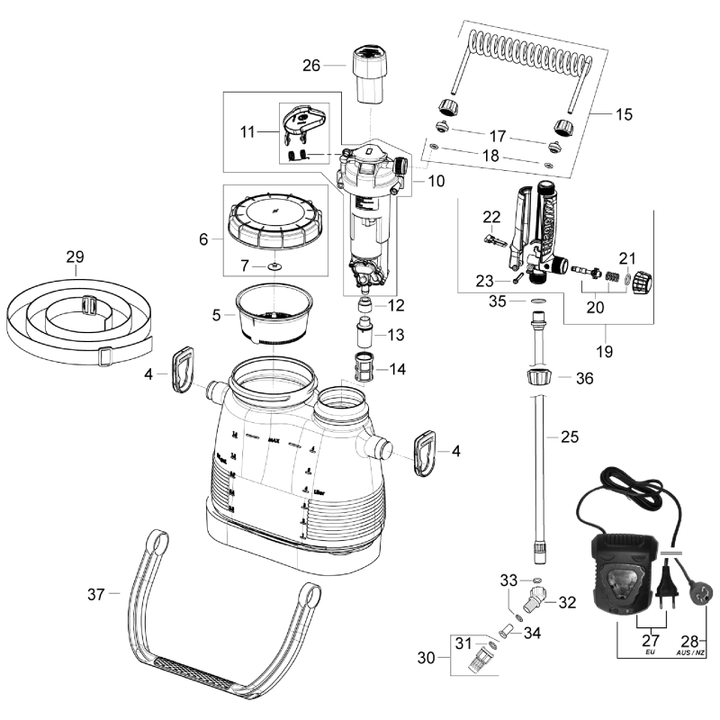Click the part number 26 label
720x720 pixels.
point(310,65)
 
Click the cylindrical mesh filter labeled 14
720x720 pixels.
point(366,368)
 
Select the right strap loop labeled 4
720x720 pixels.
point(427,450)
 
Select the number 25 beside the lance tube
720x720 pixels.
point(569,437)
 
